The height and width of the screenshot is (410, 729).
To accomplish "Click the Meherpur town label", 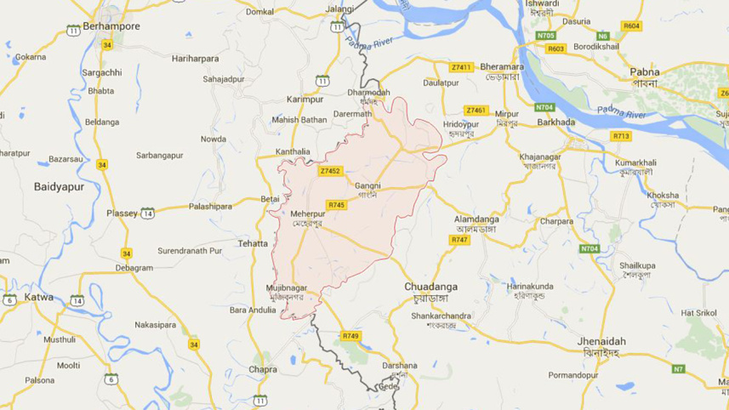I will tap(308, 213).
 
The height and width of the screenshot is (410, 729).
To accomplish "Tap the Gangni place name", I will tap(367, 185).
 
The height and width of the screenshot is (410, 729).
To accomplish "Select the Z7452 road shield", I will tap(330, 171).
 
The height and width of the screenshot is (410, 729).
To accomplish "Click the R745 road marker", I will tap(337, 205).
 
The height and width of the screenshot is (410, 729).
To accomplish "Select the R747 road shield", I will tap(459, 240).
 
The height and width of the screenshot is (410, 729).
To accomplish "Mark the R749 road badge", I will tap(350, 336).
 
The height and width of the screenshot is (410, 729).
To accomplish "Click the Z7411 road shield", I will tap(461, 66).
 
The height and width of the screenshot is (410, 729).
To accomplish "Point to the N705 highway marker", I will tap(545, 36).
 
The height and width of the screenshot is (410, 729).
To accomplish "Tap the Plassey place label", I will tap(122, 213).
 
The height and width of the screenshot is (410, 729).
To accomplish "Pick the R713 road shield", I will tap(621, 135).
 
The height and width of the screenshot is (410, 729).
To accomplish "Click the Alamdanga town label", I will tap(477, 219).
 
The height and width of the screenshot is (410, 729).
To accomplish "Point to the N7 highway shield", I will tap(678, 369).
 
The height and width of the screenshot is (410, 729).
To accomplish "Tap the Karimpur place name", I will tap(305, 98).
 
